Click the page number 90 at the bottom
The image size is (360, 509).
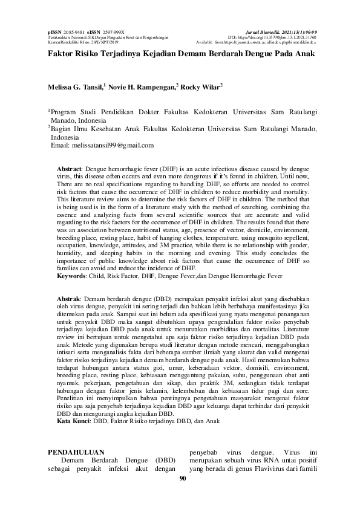tap(180, 479)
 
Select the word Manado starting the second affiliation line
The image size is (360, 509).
tap(64, 120)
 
